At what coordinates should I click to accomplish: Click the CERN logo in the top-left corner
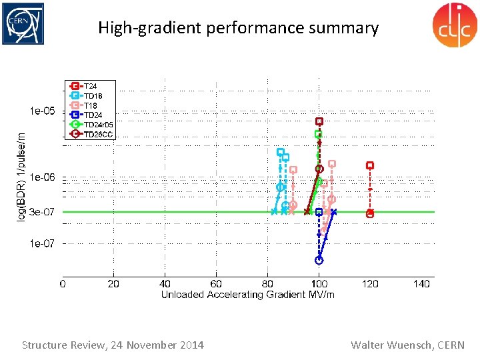pyautogui.click(x=23, y=24)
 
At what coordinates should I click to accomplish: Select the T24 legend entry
pyautogui.click(x=90, y=87)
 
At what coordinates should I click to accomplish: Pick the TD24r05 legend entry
pyautogui.click(x=98, y=125)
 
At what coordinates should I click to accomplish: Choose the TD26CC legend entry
pyautogui.click(x=98, y=134)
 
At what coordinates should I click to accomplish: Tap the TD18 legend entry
pyautogui.click(x=92, y=96)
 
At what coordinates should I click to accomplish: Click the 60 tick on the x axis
pyautogui.click(x=217, y=284)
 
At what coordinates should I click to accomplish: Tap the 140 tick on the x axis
pyautogui.click(x=421, y=284)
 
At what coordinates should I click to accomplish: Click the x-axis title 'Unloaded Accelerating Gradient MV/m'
pyautogui.click(x=247, y=295)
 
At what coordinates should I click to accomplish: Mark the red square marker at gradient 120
pyautogui.click(x=370, y=165)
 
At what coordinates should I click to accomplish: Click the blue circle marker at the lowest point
pyautogui.click(x=319, y=260)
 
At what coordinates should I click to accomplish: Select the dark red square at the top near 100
pyautogui.click(x=319, y=121)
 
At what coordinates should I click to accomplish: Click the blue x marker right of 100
pyautogui.click(x=333, y=212)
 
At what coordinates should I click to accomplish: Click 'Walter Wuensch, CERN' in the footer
pyautogui.click(x=407, y=345)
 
